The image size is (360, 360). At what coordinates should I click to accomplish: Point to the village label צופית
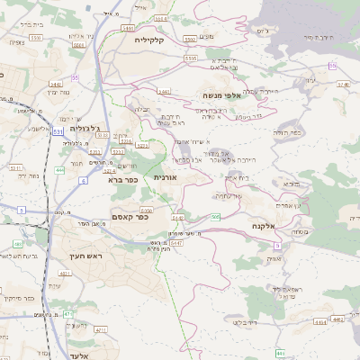(x=16, y=42)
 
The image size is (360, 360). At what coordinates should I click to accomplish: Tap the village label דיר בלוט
(x=244, y=321)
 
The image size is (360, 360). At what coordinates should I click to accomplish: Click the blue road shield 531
(x=58, y=132)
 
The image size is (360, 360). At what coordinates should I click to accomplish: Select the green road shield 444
(x=59, y=170)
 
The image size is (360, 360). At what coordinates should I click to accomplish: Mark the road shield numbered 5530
(x=36, y=38)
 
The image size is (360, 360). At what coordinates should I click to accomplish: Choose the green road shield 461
(x=18, y=244)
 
